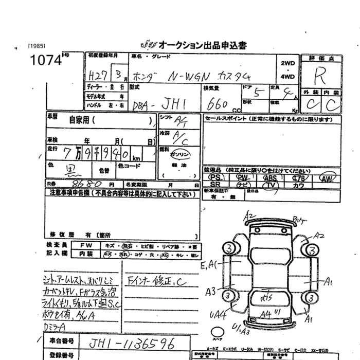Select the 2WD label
click(288, 63)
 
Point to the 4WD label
click(288, 77)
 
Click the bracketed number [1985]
click(38, 46)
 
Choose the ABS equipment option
click(269, 178)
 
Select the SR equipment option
click(215, 185)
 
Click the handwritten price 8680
click(82, 183)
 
